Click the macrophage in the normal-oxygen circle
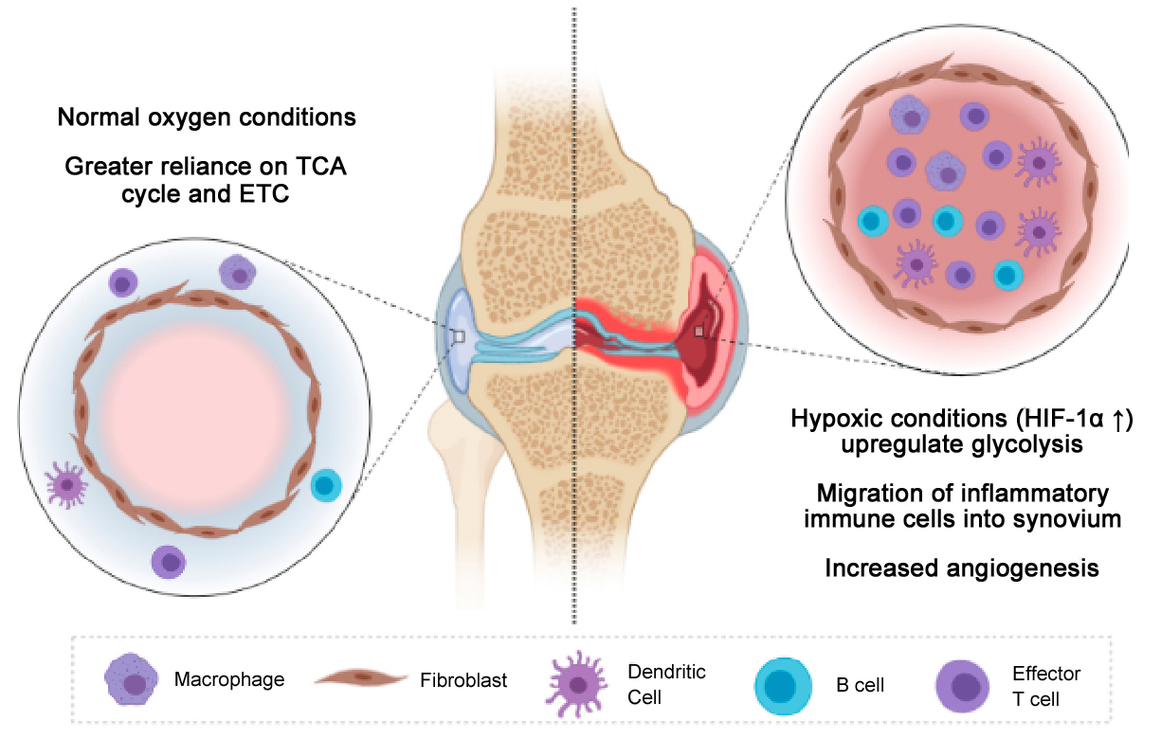pyautogui.click(x=238, y=274)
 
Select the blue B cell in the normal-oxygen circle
pyautogui.click(x=327, y=485)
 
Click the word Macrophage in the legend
pyautogui.click(x=229, y=679)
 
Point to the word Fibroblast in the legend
pyautogui.click(x=463, y=679)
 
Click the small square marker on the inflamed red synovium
pyautogui.click(x=698, y=332)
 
